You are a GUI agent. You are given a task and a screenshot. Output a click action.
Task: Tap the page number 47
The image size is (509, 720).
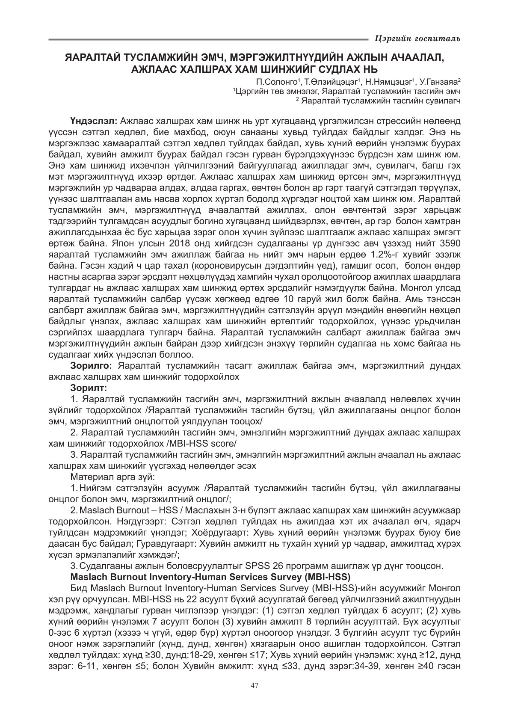click(254, 685)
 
